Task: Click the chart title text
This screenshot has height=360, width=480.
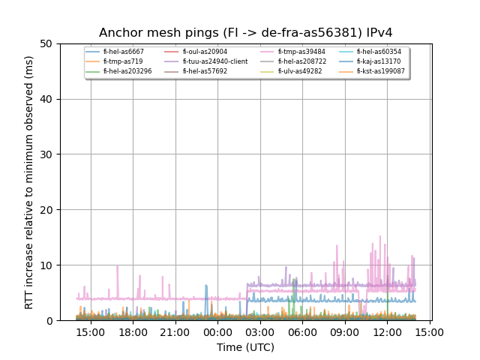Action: [246, 33]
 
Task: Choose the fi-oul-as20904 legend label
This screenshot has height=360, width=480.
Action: [205, 52]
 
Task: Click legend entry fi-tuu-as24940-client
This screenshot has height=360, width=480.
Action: [214, 61]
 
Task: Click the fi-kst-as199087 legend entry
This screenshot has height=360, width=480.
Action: [381, 71]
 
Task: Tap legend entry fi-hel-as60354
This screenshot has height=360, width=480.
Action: [379, 52]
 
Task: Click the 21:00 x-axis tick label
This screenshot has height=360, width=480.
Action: [175, 331]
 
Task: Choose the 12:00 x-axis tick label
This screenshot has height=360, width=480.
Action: [387, 331]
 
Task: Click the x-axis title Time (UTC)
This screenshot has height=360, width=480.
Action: [246, 347]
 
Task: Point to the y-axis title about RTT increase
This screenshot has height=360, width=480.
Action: [29, 182]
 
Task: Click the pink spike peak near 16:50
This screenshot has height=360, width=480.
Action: [117, 265]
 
